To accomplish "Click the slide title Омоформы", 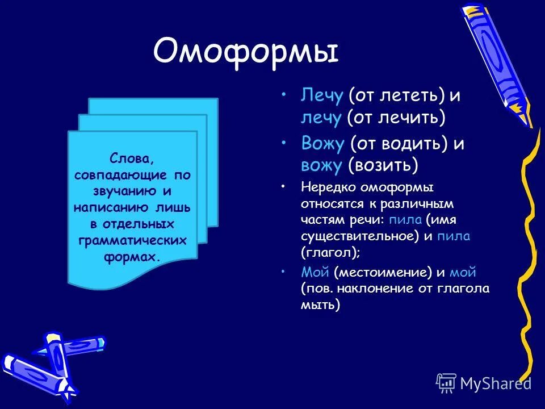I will point(245,52).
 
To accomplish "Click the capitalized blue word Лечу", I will point(322,95).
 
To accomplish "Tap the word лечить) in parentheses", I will point(414,118).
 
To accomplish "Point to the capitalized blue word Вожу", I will point(322,144).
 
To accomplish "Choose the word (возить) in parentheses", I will point(383,165).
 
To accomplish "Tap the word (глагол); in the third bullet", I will point(331,251).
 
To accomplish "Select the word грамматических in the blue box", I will point(132,241).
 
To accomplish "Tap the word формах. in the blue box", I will point(132,257).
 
